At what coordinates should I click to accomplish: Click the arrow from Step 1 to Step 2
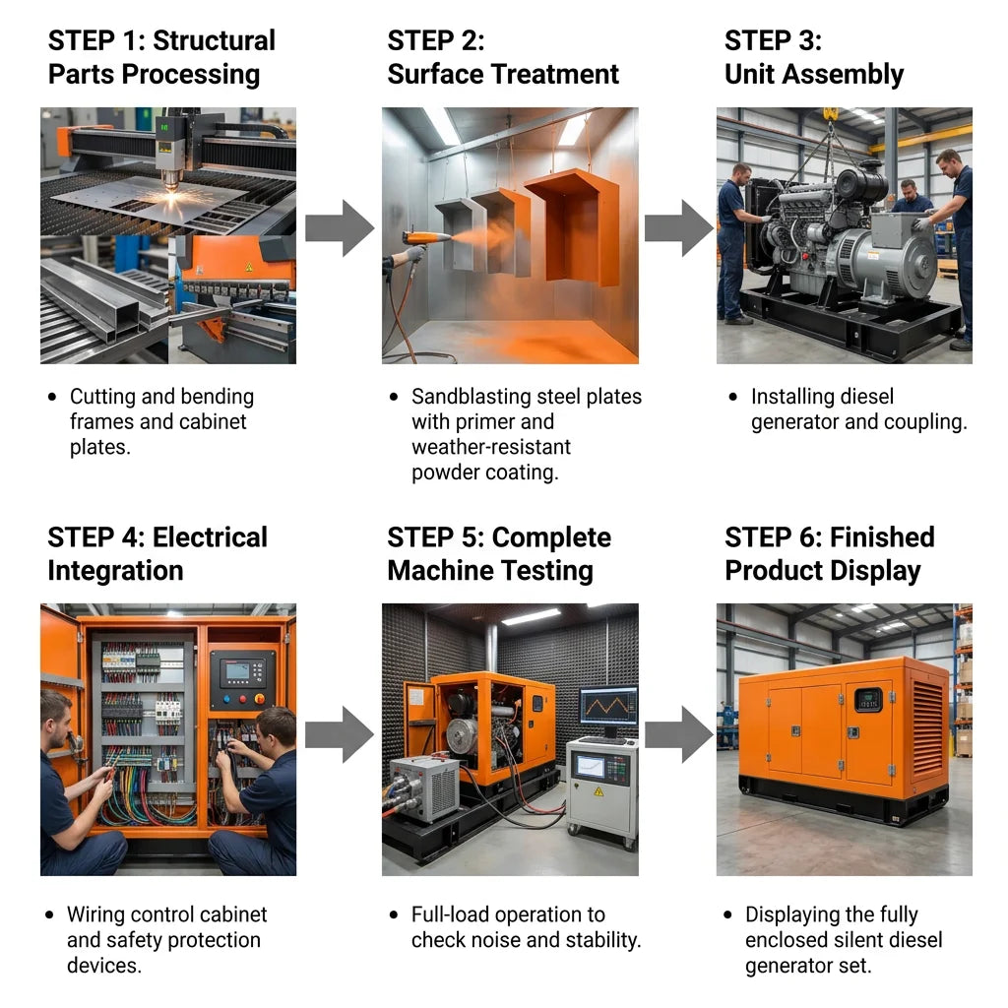click(340, 228)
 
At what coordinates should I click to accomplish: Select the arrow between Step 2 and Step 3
click(679, 228)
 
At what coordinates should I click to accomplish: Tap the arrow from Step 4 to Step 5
click(340, 734)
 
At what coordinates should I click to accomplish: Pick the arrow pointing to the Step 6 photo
click(679, 734)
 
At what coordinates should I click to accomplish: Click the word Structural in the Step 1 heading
click(214, 41)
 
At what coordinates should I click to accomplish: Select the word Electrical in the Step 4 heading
click(211, 537)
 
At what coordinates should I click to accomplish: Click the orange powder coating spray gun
click(427, 238)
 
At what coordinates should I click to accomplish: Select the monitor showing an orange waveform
click(608, 707)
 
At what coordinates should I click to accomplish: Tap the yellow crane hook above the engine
click(831, 114)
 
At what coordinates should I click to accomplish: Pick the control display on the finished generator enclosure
click(868, 700)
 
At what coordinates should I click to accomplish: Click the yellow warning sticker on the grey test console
click(598, 791)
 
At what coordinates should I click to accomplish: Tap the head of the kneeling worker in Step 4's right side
click(277, 728)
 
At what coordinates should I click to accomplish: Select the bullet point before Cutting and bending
click(52, 397)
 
